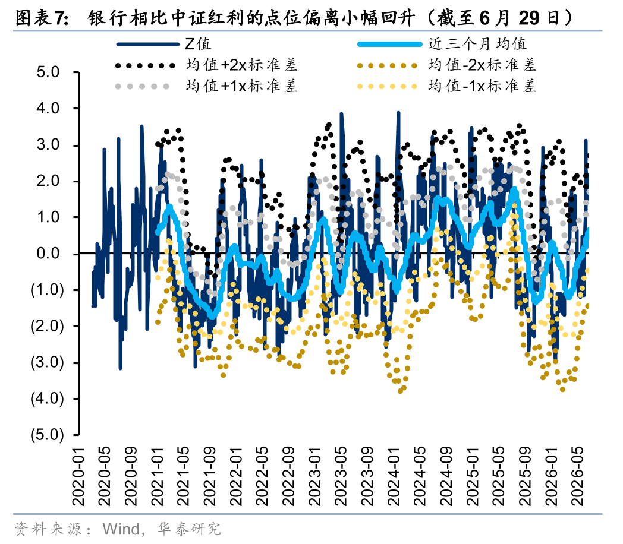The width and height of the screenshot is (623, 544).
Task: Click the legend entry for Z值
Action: coord(197,44)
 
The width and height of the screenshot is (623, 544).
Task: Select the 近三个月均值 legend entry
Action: coord(477,44)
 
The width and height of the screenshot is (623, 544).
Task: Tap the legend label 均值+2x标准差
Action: coord(241,65)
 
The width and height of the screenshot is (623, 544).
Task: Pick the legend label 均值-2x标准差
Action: coord(482,65)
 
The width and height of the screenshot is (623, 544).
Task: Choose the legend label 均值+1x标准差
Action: coord(241,86)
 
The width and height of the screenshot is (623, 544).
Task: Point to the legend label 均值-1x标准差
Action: coord(482,86)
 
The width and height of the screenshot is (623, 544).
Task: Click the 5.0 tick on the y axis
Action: coord(48,72)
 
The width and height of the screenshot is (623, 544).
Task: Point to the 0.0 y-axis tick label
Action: coord(48,253)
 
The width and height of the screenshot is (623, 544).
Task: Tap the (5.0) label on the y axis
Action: coord(47,435)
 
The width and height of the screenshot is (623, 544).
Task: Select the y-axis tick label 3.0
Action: coord(48,144)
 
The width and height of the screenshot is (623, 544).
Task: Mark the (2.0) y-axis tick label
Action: coord(47,326)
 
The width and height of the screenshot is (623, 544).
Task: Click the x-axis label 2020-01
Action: coord(79,476)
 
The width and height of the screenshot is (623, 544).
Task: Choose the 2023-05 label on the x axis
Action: coord(341,476)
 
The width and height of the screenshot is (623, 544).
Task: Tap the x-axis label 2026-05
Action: coord(577,476)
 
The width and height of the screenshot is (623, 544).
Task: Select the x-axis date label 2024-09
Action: coord(446,476)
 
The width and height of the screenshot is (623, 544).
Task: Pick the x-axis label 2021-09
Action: coord(210,476)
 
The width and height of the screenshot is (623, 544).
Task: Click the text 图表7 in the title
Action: coord(39,18)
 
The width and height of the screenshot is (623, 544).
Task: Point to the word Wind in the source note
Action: coord(121,529)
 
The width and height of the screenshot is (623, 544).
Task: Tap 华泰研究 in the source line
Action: coord(188,529)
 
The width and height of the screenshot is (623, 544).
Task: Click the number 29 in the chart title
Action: coord(529,18)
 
